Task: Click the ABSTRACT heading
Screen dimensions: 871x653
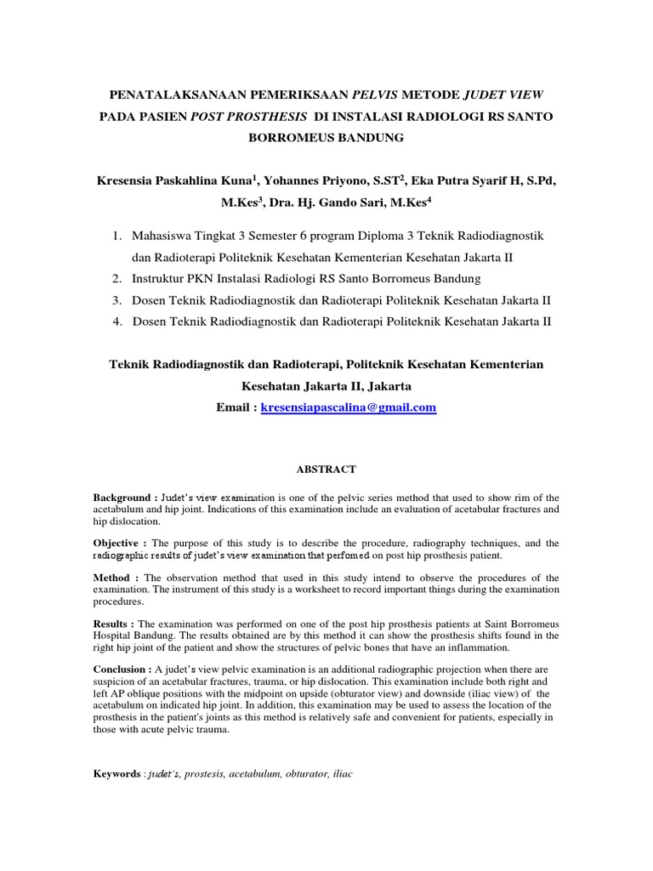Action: tap(326, 469)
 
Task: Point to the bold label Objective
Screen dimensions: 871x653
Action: tap(118, 543)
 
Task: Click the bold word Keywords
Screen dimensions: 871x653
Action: tap(117, 774)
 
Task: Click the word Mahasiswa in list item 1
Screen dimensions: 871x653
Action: tap(166, 234)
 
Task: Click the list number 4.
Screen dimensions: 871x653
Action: tap(116, 322)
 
